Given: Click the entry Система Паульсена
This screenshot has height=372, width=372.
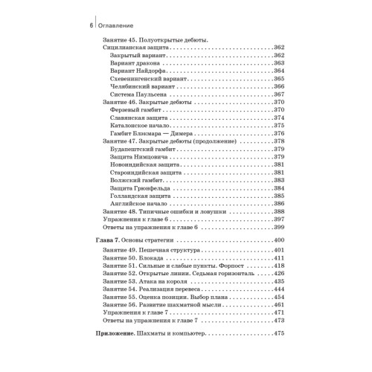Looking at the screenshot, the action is tap(138, 94).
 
